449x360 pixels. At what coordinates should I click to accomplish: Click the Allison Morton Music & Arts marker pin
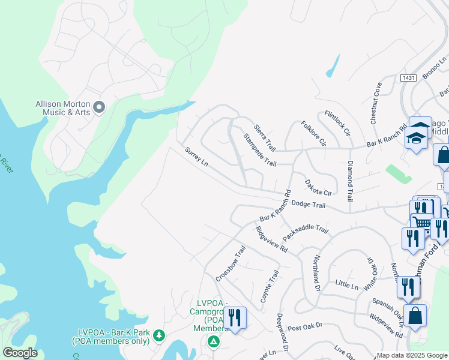click(x=100, y=107)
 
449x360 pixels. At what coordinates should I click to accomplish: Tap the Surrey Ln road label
click(x=196, y=157)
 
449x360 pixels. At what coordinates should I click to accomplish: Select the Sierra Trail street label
click(x=264, y=137)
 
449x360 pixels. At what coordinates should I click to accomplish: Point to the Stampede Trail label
click(x=259, y=150)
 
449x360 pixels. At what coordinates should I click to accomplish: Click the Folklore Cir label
click(x=314, y=134)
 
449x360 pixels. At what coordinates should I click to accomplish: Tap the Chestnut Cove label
click(x=376, y=103)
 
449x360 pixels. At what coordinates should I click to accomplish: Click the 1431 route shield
click(x=409, y=78)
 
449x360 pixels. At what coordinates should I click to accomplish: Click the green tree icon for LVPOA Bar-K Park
click(x=159, y=334)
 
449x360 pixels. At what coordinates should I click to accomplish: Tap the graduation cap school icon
click(x=416, y=139)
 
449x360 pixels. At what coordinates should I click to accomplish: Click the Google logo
click(x=20, y=353)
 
